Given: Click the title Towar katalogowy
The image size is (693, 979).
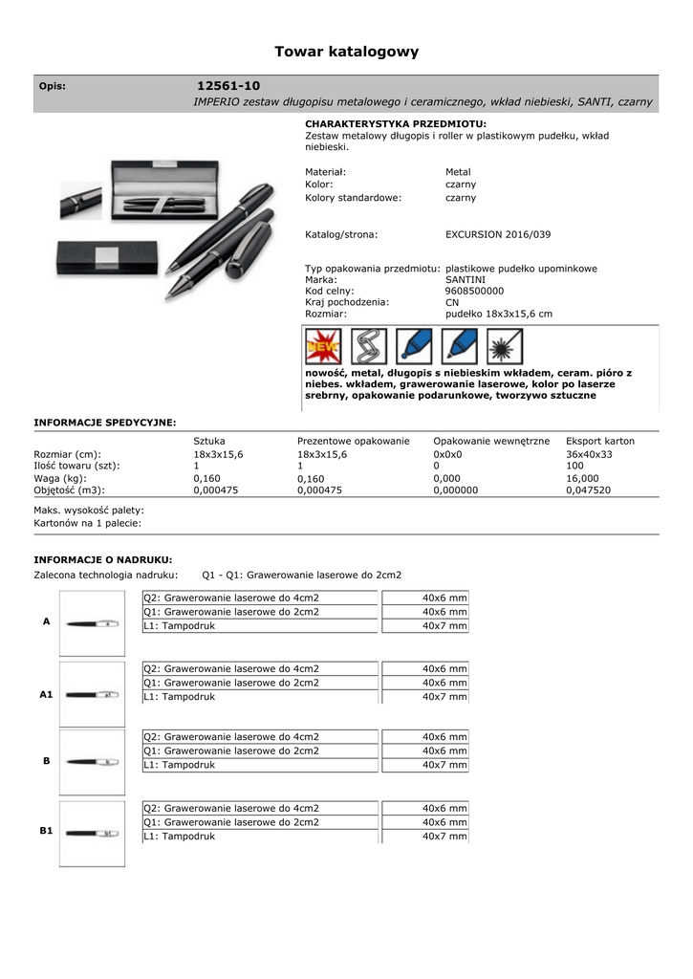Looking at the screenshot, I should [x=346, y=52].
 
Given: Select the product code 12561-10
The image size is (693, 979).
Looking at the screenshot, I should [x=227, y=86].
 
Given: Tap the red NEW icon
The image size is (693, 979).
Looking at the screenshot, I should [x=323, y=345].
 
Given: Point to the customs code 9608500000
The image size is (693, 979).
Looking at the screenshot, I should [x=474, y=291].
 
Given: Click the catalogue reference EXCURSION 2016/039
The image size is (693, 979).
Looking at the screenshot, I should [x=497, y=234].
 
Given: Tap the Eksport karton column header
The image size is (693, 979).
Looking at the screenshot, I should [x=599, y=441].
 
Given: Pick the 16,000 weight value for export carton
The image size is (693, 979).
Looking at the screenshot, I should [x=582, y=478].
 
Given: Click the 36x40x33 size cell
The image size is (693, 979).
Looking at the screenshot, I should [x=589, y=454].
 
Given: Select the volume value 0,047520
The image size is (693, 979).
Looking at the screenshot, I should [x=588, y=489].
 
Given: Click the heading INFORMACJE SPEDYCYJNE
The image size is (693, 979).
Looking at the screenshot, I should [x=105, y=421].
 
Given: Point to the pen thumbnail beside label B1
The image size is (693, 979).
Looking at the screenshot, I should [x=92, y=833].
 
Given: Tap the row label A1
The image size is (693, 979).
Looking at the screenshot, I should [x=46, y=695].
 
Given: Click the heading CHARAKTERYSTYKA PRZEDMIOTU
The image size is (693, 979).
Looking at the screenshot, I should [x=396, y=124].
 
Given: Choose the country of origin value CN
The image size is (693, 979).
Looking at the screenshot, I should [x=452, y=302].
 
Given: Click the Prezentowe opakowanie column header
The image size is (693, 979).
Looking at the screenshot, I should [x=353, y=441].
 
